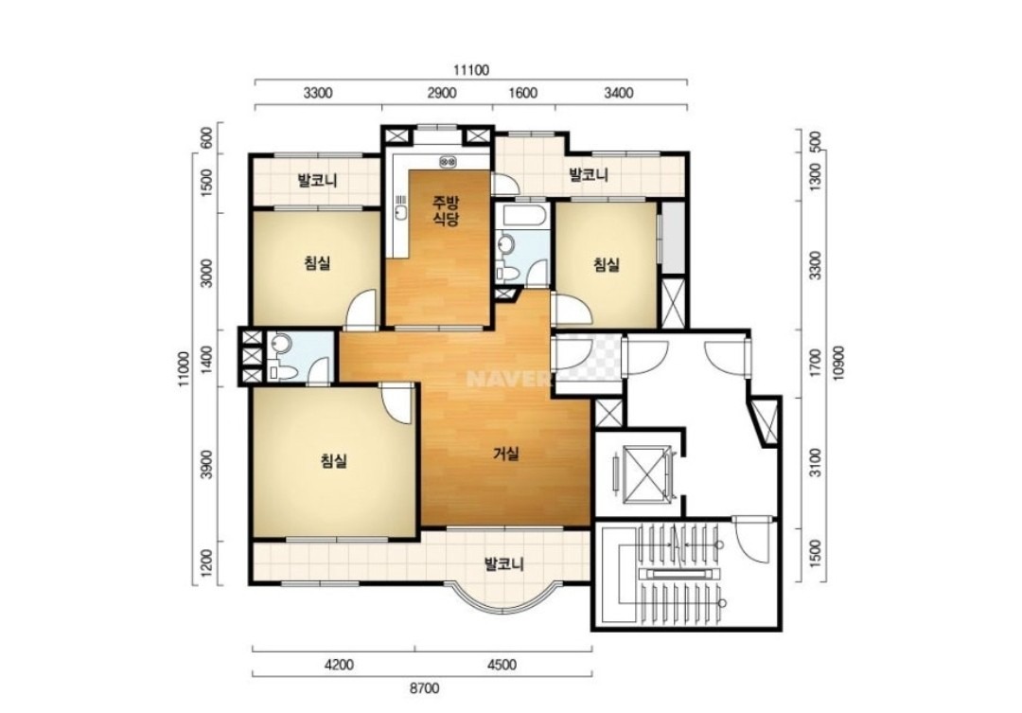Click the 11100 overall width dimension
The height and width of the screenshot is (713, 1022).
(x=470, y=70)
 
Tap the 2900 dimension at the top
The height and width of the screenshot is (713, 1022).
(x=441, y=93)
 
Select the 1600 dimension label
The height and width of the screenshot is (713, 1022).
(x=522, y=93)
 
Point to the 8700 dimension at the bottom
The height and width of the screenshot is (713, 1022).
(x=425, y=687)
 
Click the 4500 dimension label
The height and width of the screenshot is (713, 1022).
(x=502, y=665)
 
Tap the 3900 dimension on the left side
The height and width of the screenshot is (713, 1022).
(x=207, y=464)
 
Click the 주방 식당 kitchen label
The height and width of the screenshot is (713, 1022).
(x=447, y=210)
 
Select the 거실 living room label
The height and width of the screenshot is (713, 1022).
(x=505, y=454)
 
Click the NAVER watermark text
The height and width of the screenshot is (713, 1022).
(x=500, y=379)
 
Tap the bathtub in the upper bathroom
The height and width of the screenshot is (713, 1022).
(x=522, y=216)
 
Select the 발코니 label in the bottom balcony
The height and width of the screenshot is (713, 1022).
(x=503, y=564)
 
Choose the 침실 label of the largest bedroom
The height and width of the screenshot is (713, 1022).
(x=334, y=461)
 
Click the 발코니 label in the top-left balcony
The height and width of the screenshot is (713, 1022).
(x=317, y=180)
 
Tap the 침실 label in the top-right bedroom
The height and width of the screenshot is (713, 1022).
(x=607, y=265)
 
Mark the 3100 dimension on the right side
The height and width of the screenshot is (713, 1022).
(x=816, y=461)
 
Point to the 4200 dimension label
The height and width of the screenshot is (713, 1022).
(x=339, y=665)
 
